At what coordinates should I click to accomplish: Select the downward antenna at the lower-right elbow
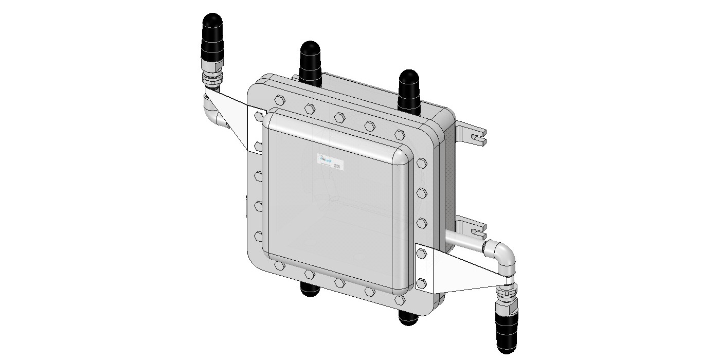(x=506, y=329)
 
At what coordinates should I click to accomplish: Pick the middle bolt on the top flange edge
(x=339, y=117)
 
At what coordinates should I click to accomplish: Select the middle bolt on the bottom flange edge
(x=339, y=282)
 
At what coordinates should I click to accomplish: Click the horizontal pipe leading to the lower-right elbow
(x=465, y=241)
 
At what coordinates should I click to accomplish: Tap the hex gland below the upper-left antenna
(x=211, y=80)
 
